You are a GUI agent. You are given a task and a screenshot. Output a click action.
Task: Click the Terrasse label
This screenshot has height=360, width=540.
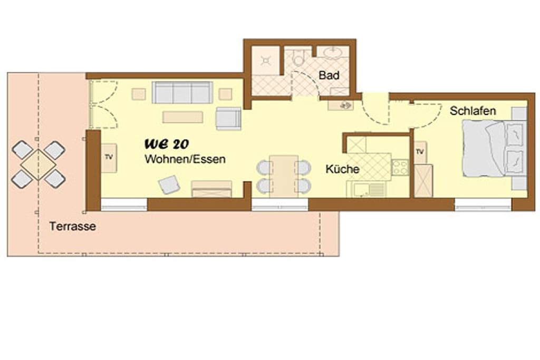pos(72,226)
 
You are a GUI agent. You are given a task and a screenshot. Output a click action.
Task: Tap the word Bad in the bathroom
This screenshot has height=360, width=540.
pos(329,75)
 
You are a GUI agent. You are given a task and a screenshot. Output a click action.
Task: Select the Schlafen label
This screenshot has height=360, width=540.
pos(472,111)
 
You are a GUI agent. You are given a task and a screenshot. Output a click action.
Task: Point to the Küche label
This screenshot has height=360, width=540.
pos(342,169)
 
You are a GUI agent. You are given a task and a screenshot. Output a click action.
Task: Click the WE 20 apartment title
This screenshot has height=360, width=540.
pos(167,144)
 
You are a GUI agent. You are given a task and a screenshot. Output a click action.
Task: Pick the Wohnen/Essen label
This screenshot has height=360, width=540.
pos(185,159)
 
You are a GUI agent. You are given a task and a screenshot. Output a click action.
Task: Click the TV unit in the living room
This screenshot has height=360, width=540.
pos(109,158)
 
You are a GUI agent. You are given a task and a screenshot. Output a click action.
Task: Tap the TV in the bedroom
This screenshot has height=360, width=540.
pos(420,152)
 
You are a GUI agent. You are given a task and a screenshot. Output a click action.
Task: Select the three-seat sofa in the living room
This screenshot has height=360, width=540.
pos(182,92)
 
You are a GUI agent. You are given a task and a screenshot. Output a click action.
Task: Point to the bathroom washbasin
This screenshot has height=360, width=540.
pos(333,53)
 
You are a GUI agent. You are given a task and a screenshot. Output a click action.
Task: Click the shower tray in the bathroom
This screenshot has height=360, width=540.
pos(266,61)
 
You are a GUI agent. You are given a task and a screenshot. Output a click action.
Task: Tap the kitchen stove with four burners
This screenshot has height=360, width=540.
pos(400,167)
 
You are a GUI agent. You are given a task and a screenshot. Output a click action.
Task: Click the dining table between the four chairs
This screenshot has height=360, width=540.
pos(284,176)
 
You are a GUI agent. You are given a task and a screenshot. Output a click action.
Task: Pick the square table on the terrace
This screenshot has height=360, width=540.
pos(38,164)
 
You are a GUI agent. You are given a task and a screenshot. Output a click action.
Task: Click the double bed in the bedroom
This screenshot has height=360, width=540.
pos(494,148)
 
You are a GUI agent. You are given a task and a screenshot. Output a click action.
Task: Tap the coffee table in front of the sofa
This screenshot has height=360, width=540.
pos(182,117)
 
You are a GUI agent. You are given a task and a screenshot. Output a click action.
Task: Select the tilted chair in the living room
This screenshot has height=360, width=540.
pos(169,184)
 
